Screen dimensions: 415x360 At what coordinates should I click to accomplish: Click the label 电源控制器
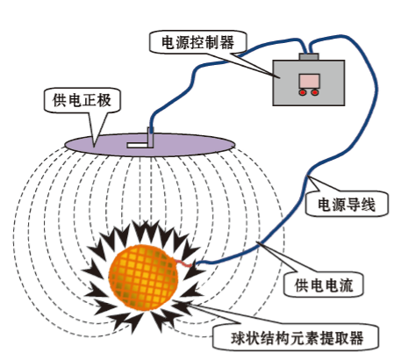(x=198, y=43)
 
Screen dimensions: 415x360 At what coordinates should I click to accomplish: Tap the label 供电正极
(x=82, y=100)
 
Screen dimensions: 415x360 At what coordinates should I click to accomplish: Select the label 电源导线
(x=347, y=204)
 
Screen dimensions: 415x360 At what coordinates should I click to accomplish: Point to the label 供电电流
(x=324, y=284)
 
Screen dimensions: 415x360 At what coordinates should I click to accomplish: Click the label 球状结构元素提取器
(x=297, y=338)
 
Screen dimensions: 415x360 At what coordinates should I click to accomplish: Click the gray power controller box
(x=309, y=83)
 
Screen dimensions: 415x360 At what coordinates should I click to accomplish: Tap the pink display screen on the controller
(x=309, y=81)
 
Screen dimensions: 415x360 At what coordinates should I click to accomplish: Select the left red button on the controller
(x=303, y=92)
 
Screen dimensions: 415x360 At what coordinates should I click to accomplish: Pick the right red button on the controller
(x=315, y=92)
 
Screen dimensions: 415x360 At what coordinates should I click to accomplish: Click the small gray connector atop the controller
(x=309, y=57)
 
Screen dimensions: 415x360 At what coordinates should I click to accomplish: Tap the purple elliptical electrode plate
(x=150, y=145)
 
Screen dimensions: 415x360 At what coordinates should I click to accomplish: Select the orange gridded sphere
(x=143, y=277)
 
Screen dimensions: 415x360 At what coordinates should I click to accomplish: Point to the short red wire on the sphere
(x=183, y=263)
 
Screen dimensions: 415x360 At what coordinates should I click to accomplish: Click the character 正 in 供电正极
(x=89, y=100)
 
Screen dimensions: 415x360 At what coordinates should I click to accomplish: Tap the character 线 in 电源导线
(x=368, y=204)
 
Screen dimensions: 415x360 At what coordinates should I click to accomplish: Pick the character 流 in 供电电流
(x=347, y=284)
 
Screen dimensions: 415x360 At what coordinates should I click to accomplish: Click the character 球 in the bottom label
(x=239, y=338)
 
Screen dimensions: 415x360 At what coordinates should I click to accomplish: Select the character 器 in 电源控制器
(x=227, y=43)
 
